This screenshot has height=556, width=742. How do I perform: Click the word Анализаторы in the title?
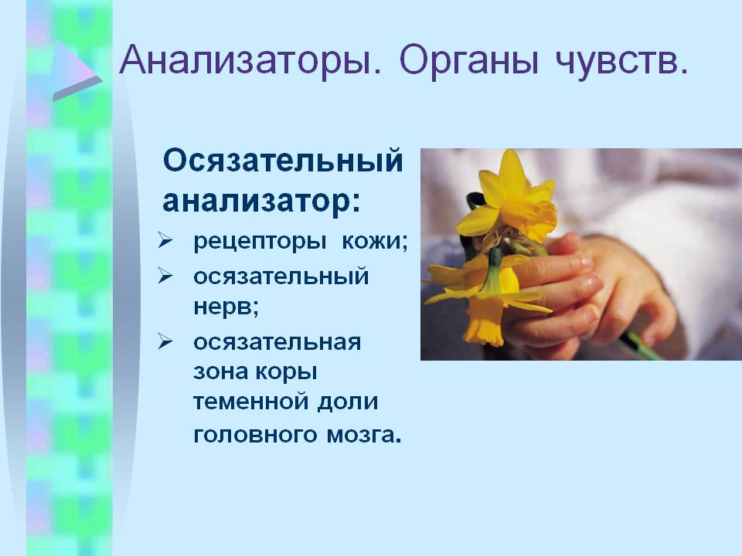point(250,60)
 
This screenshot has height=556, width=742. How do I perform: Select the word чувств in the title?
point(614,62)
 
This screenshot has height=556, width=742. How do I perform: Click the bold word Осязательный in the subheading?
point(283,161)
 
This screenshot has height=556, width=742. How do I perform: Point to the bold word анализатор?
point(257,201)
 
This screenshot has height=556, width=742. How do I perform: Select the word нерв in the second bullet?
point(223,308)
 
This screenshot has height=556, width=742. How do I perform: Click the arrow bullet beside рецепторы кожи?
point(165,241)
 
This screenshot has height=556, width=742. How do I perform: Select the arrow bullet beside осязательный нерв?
point(165,276)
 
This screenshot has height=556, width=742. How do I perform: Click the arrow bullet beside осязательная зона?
point(165,341)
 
